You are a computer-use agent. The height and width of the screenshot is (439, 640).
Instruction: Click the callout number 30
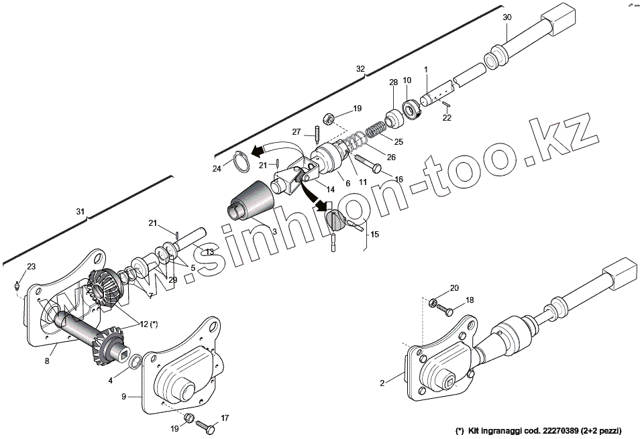tap(506, 17)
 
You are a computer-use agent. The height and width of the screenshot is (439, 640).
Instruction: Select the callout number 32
tap(360, 69)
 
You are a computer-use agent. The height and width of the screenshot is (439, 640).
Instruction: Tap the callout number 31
tap(81, 211)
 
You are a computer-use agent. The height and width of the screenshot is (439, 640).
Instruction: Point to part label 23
tap(30, 267)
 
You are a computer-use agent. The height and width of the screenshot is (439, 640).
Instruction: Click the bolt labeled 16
tap(366, 163)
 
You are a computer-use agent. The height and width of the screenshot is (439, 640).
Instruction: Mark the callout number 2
tap(382, 383)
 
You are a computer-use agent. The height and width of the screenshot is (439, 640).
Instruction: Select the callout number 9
tap(123, 396)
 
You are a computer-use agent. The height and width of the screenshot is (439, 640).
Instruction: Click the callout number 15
tap(374, 234)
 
